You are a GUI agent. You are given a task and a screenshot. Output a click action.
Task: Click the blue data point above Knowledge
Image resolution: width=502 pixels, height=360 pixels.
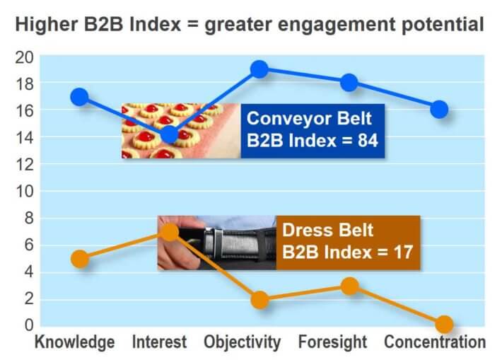pos(79,96)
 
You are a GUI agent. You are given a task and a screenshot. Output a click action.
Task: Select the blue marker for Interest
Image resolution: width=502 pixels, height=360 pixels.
pos(170,134)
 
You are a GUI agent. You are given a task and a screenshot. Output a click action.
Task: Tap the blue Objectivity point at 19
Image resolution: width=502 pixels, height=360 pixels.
pos(259,69)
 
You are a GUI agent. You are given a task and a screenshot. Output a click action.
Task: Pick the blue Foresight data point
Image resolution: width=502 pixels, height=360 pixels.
pos(349,83)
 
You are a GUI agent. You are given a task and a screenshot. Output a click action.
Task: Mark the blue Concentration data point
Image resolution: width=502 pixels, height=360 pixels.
pos(439,110)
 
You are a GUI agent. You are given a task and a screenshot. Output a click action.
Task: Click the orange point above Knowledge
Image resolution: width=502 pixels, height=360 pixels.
pos(80,259)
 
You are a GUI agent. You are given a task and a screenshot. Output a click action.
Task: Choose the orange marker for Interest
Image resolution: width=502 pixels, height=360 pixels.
pos(170,232)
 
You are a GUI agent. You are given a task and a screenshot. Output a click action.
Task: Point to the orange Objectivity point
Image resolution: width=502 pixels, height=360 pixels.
pos(260,300)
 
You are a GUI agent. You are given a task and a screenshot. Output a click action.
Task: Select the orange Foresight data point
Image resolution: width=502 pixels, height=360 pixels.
pos(350,286)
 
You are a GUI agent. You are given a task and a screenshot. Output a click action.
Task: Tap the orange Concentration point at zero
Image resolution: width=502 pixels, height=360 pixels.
pos(444,324)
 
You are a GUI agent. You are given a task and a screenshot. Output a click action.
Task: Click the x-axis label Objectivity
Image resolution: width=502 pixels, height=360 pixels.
pos(243,342)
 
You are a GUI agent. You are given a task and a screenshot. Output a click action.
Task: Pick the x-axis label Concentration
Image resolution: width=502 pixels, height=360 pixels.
pos(435,342)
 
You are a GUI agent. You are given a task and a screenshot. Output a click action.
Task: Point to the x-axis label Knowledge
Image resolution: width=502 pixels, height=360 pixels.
pos(75,342)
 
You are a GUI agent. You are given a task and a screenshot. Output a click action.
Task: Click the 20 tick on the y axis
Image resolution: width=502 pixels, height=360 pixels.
pos(24,58)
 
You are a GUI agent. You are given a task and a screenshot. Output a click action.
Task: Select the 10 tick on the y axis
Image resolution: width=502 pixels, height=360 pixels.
pos(25,191)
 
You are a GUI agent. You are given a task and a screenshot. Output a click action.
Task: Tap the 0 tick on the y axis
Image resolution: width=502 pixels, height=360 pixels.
pos(29,325)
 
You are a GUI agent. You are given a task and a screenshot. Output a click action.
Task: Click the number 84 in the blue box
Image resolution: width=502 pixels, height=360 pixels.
pos(368,141)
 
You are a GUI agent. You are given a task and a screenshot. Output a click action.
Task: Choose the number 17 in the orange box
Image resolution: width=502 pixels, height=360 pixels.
pos(403,252)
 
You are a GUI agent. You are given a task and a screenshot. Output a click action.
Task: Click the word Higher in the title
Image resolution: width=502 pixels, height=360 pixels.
pos(47,25)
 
